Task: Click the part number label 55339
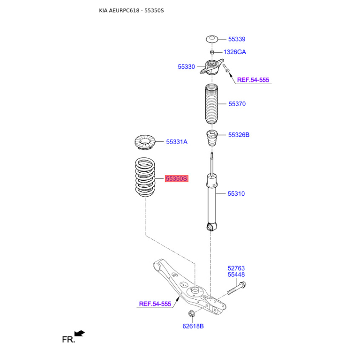[x=237, y=39]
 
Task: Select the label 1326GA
[x=235, y=52]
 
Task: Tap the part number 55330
[x=186, y=67]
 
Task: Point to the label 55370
[x=237, y=104]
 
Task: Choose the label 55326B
[x=238, y=135]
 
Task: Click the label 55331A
[x=177, y=142]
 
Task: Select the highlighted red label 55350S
[x=176, y=179]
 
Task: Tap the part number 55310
[x=236, y=194]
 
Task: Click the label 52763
[x=236, y=268]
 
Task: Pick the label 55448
[x=236, y=274]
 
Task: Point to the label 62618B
[x=193, y=326]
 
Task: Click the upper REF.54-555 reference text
[x=253, y=80]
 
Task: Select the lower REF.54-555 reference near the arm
[x=155, y=304]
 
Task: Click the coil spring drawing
[x=145, y=177]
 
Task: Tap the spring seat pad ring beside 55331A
[x=145, y=142]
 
